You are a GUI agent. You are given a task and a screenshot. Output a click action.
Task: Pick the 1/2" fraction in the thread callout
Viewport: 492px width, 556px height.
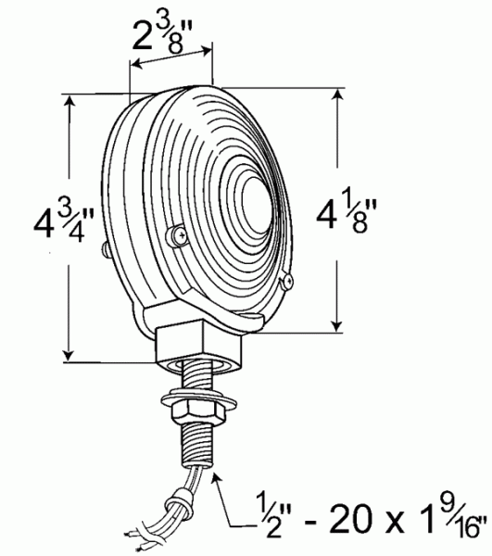pos(260,514)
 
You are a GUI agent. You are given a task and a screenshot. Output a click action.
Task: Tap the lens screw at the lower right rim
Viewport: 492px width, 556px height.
pos(288,279)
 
